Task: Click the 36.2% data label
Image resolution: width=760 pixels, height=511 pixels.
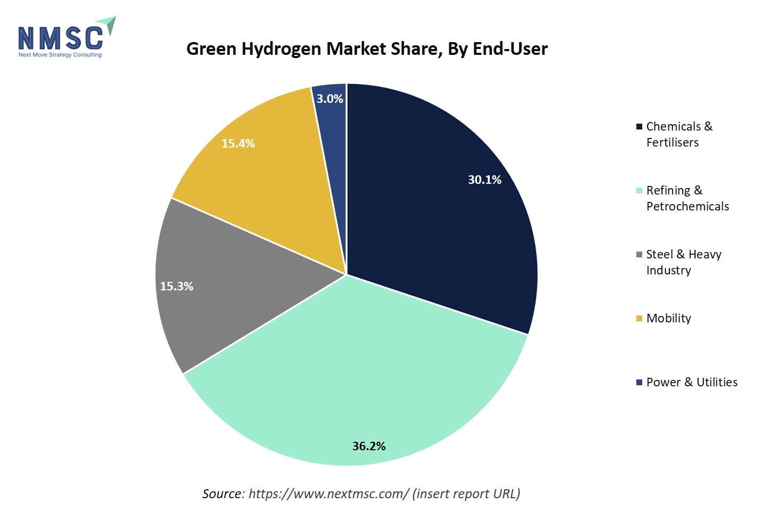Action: pos(369,446)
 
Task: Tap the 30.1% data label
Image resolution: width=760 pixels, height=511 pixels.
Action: pos(484,180)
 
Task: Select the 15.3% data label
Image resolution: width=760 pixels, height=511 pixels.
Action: pos(176,286)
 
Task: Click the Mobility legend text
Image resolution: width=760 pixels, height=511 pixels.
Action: pos(668,318)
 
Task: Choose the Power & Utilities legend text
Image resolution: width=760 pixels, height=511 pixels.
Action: pos(692,382)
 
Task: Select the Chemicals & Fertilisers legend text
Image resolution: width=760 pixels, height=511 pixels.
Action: pos(678,134)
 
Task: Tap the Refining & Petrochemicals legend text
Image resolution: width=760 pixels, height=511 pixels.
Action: pos(687,198)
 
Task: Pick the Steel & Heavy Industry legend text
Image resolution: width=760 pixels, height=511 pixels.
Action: pos(683,262)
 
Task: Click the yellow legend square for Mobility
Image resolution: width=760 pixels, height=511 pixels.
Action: pos(639,319)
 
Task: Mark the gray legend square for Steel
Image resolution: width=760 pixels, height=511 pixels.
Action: pos(639,255)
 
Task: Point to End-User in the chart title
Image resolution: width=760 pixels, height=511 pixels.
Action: pos(510,49)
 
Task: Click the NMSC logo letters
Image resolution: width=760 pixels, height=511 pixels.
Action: pos(60,38)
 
